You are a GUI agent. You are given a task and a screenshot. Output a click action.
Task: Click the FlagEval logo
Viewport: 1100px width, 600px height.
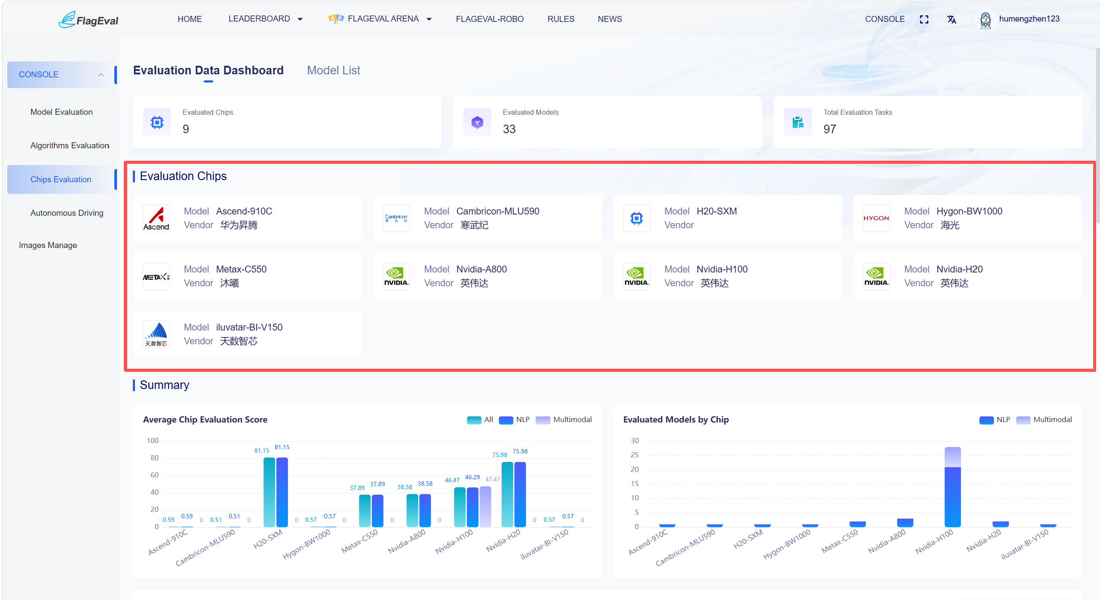pyautogui.click(x=88, y=19)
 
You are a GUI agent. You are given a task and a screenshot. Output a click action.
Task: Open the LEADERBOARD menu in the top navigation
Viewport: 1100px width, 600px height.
pyautogui.click(x=265, y=19)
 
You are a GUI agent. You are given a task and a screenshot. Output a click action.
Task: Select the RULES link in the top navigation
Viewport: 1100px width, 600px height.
pyautogui.click(x=561, y=19)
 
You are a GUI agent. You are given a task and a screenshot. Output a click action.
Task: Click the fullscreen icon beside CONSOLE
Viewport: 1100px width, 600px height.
pyautogui.click(x=924, y=19)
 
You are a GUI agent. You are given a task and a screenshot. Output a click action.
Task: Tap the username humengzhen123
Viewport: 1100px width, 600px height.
pyautogui.click(x=1029, y=19)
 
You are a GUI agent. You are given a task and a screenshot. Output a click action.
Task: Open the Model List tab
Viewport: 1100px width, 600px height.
pyautogui.click(x=334, y=70)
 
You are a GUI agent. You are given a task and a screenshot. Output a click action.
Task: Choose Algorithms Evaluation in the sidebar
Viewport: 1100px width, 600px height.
pyautogui.click(x=70, y=146)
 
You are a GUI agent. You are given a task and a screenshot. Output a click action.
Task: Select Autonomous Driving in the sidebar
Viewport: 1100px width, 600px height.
pyautogui.click(x=67, y=213)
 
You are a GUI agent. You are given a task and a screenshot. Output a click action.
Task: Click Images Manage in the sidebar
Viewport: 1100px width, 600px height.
pyautogui.click(x=48, y=245)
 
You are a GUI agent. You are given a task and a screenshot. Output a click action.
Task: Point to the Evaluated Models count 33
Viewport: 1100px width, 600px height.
pyautogui.click(x=509, y=129)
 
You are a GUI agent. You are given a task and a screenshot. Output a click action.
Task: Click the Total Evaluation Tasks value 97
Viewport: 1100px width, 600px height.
pyautogui.click(x=830, y=129)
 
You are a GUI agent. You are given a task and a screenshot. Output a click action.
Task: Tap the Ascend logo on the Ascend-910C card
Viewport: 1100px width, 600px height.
pyautogui.click(x=156, y=218)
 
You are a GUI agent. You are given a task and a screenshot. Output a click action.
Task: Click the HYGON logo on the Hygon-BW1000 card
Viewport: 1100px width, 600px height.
pyautogui.click(x=876, y=218)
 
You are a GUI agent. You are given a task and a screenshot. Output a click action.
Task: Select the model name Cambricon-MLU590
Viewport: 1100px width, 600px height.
pyautogui.click(x=497, y=211)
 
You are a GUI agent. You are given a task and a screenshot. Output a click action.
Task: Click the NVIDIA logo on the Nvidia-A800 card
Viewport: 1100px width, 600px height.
pyautogui.click(x=396, y=276)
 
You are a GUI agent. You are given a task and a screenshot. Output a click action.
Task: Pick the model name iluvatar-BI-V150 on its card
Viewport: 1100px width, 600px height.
pyautogui.click(x=249, y=328)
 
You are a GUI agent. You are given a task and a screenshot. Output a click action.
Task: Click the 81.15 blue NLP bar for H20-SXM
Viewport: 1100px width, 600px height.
pyautogui.click(x=282, y=492)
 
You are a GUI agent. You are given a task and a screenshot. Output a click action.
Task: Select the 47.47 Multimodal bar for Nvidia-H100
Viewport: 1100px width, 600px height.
pyautogui.click(x=485, y=507)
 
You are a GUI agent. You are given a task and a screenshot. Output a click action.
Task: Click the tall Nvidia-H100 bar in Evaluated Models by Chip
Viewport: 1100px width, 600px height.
pyautogui.click(x=952, y=487)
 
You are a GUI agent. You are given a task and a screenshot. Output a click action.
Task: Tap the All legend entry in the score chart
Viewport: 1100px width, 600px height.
pyautogui.click(x=480, y=420)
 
